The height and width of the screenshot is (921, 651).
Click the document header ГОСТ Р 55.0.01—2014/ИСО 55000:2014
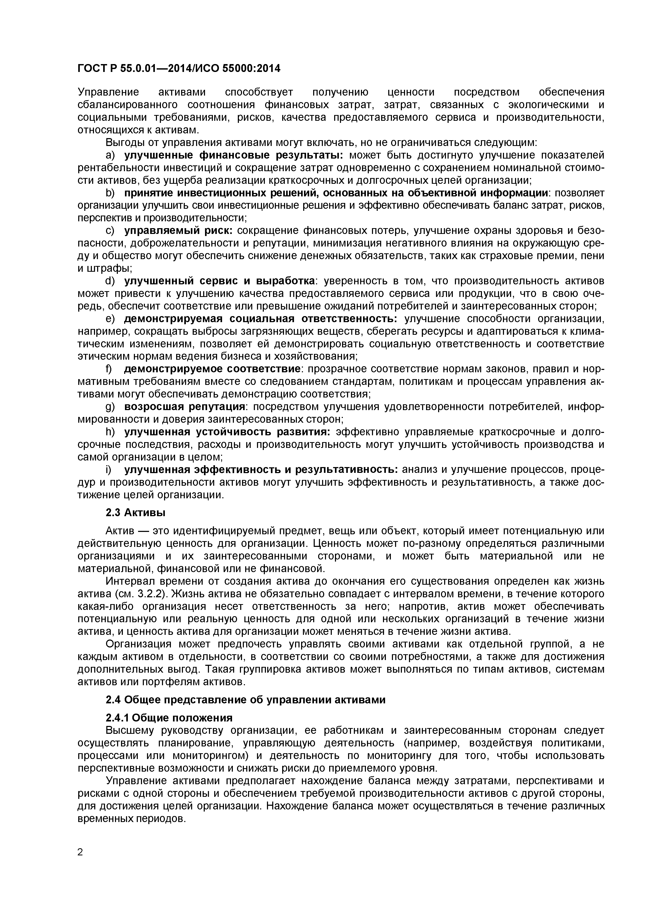[x=179, y=69]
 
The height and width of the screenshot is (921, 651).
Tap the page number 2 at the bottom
[x=80, y=863]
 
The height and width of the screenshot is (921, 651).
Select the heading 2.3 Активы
[x=135, y=513]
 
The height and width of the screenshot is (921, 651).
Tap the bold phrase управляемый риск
[x=178, y=231]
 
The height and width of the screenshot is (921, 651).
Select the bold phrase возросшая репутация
[x=185, y=407]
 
